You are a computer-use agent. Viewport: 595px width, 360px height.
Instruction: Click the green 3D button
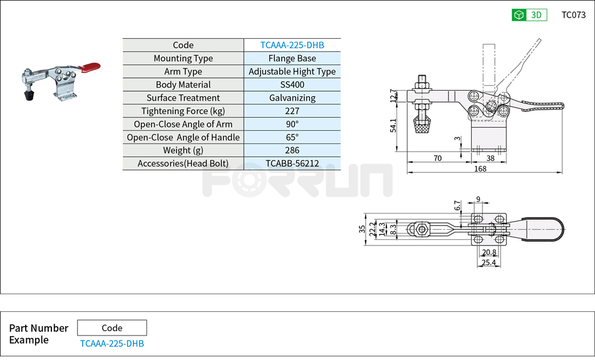coord(529,15)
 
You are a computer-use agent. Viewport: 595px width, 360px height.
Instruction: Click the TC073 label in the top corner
coord(573,15)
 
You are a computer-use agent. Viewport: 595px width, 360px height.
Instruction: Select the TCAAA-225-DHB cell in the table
coord(292,45)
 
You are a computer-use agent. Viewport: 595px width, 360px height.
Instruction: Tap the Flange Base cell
coord(292,58)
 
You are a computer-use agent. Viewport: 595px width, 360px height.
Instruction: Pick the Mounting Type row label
coord(183,58)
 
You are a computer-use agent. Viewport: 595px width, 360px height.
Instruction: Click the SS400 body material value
coord(292,85)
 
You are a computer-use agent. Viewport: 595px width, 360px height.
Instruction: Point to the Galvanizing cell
coord(292,98)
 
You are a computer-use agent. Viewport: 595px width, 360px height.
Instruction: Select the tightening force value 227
coord(292,111)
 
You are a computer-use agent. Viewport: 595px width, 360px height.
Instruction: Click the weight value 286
coord(292,150)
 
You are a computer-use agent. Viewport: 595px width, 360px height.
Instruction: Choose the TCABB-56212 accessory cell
coord(292,163)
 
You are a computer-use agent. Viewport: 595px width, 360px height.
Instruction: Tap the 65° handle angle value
coord(292,137)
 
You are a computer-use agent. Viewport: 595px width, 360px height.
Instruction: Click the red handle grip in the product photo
coord(91,66)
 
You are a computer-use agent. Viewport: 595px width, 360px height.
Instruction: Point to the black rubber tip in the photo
coord(28,95)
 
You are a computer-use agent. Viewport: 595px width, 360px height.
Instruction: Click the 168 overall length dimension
coord(480,168)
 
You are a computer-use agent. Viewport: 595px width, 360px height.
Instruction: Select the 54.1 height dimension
coord(393,125)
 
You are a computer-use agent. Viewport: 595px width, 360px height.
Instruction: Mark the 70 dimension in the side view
coord(437,158)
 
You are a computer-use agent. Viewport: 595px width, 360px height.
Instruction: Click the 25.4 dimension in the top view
coord(489,263)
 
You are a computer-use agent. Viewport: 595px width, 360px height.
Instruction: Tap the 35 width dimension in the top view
coord(362,229)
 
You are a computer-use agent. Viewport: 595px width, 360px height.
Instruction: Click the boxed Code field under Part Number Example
coord(112,328)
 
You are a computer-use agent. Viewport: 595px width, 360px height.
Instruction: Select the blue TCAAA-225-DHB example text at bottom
coord(112,344)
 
